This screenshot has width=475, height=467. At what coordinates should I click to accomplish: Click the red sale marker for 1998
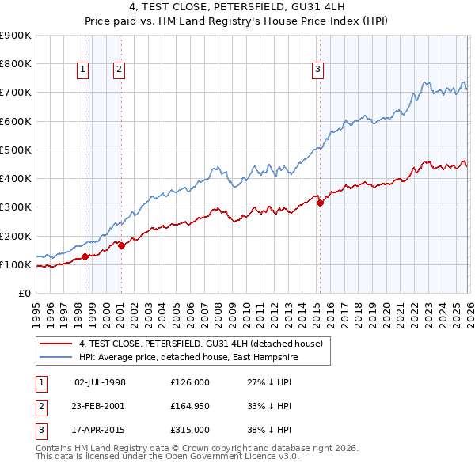(x=85, y=256)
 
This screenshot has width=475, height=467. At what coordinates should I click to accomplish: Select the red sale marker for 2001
(x=122, y=246)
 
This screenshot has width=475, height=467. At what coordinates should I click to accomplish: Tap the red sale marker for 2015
(x=320, y=203)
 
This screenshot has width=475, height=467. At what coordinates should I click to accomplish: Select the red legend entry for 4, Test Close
(x=200, y=344)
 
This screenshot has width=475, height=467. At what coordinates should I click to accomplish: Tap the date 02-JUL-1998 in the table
(x=100, y=382)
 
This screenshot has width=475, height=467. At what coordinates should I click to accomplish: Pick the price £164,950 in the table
(x=189, y=406)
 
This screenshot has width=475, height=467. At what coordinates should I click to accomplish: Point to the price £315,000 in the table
(x=189, y=430)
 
